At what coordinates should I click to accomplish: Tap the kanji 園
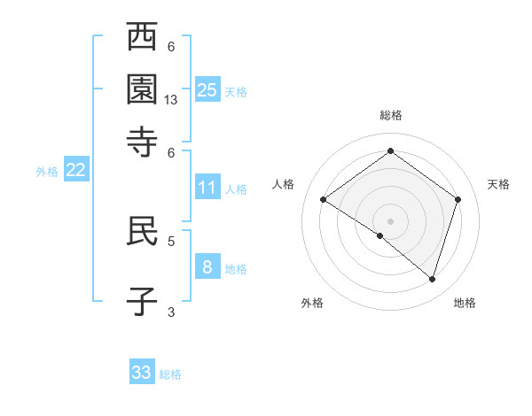click(142, 89)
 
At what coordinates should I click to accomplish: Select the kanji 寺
click(142, 142)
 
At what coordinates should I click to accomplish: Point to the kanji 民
click(142, 232)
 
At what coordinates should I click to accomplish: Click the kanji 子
click(142, 301)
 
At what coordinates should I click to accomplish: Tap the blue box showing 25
click(207, 89)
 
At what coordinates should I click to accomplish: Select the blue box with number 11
click(207, 187)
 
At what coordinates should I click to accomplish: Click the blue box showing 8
click(207, 266)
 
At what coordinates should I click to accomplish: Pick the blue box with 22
click(75, 171)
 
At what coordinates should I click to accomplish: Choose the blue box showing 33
click(142, 373)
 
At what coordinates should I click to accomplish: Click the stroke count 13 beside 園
click(171, 101)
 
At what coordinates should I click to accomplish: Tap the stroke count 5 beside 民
click(171, 240)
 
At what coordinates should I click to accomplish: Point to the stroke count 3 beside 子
click(171, 311)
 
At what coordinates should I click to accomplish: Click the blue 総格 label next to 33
click(170, 374)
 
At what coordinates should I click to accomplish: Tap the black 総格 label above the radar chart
click(390, 116)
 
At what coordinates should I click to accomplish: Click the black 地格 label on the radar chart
click(465, 304)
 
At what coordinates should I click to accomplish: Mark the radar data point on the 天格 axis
click(458, 199)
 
